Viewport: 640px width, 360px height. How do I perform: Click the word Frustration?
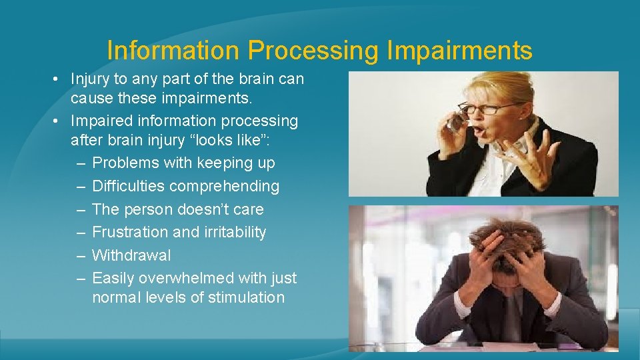(x=129, y=232)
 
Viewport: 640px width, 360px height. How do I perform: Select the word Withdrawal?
(x=131, y=255)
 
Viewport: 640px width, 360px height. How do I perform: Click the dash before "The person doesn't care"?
(x=80, y=209)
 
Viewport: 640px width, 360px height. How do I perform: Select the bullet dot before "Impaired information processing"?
(x=59, y=121)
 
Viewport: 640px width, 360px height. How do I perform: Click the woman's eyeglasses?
(x=489, y=108)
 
